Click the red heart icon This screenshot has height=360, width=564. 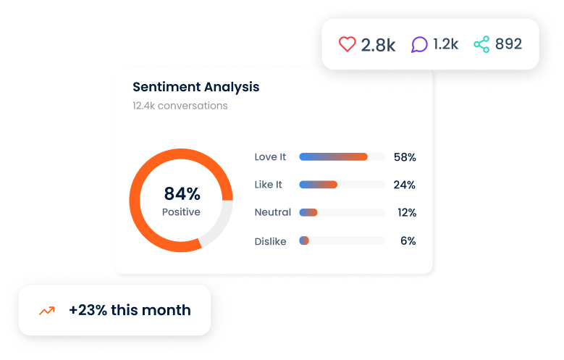coord(348,44)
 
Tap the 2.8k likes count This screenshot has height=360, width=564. coord(378,45)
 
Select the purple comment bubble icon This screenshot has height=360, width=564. coord(419,44)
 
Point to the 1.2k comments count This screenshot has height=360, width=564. coord(445,44)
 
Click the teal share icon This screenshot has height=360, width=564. coord(481,44)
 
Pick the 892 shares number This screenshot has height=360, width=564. coord(508,44)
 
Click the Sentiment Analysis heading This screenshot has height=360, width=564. coord(195,87)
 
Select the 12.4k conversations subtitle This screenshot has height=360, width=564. coord(180,106)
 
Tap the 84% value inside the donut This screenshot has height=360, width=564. coord(182,193)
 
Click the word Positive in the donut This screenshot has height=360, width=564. coord(181,212)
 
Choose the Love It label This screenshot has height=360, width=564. coord(270,156)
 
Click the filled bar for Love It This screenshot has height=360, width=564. coord(333,156)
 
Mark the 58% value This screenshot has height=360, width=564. coord(404,156)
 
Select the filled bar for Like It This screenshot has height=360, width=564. coord(318,185)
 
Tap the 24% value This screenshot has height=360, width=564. coord(404,185)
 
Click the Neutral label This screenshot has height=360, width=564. coord(272,212)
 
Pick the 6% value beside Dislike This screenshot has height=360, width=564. coord(408,240)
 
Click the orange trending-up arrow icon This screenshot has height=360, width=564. coord(47,311)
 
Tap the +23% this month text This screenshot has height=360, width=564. coord(130,310)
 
